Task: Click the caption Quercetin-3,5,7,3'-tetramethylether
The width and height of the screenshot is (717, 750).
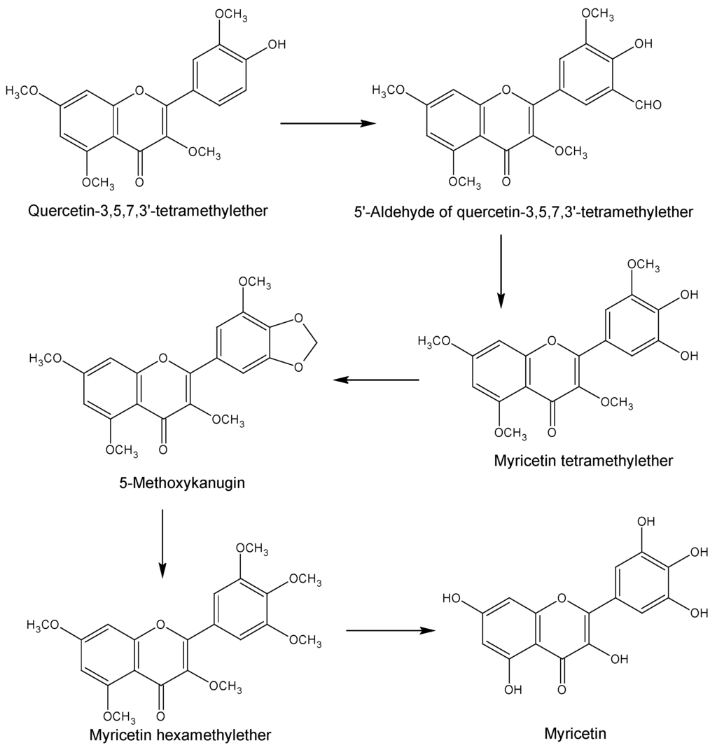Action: coord(148,210)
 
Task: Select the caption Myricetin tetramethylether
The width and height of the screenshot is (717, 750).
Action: coord(583,460)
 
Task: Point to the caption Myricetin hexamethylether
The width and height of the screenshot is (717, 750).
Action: coord(180,735)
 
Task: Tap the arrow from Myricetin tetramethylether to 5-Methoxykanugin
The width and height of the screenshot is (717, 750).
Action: coord(375,380)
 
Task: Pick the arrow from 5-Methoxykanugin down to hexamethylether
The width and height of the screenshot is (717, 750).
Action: coord(162,543)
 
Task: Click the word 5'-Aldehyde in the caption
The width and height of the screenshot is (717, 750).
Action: coord(387,211)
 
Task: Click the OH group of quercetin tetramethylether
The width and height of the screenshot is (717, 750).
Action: coord(277,45)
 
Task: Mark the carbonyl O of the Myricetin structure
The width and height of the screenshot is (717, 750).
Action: coord(560,690)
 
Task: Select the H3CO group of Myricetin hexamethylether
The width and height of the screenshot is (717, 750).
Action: coord(44,624)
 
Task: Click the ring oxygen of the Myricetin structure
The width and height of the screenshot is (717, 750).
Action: coord(560,598)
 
